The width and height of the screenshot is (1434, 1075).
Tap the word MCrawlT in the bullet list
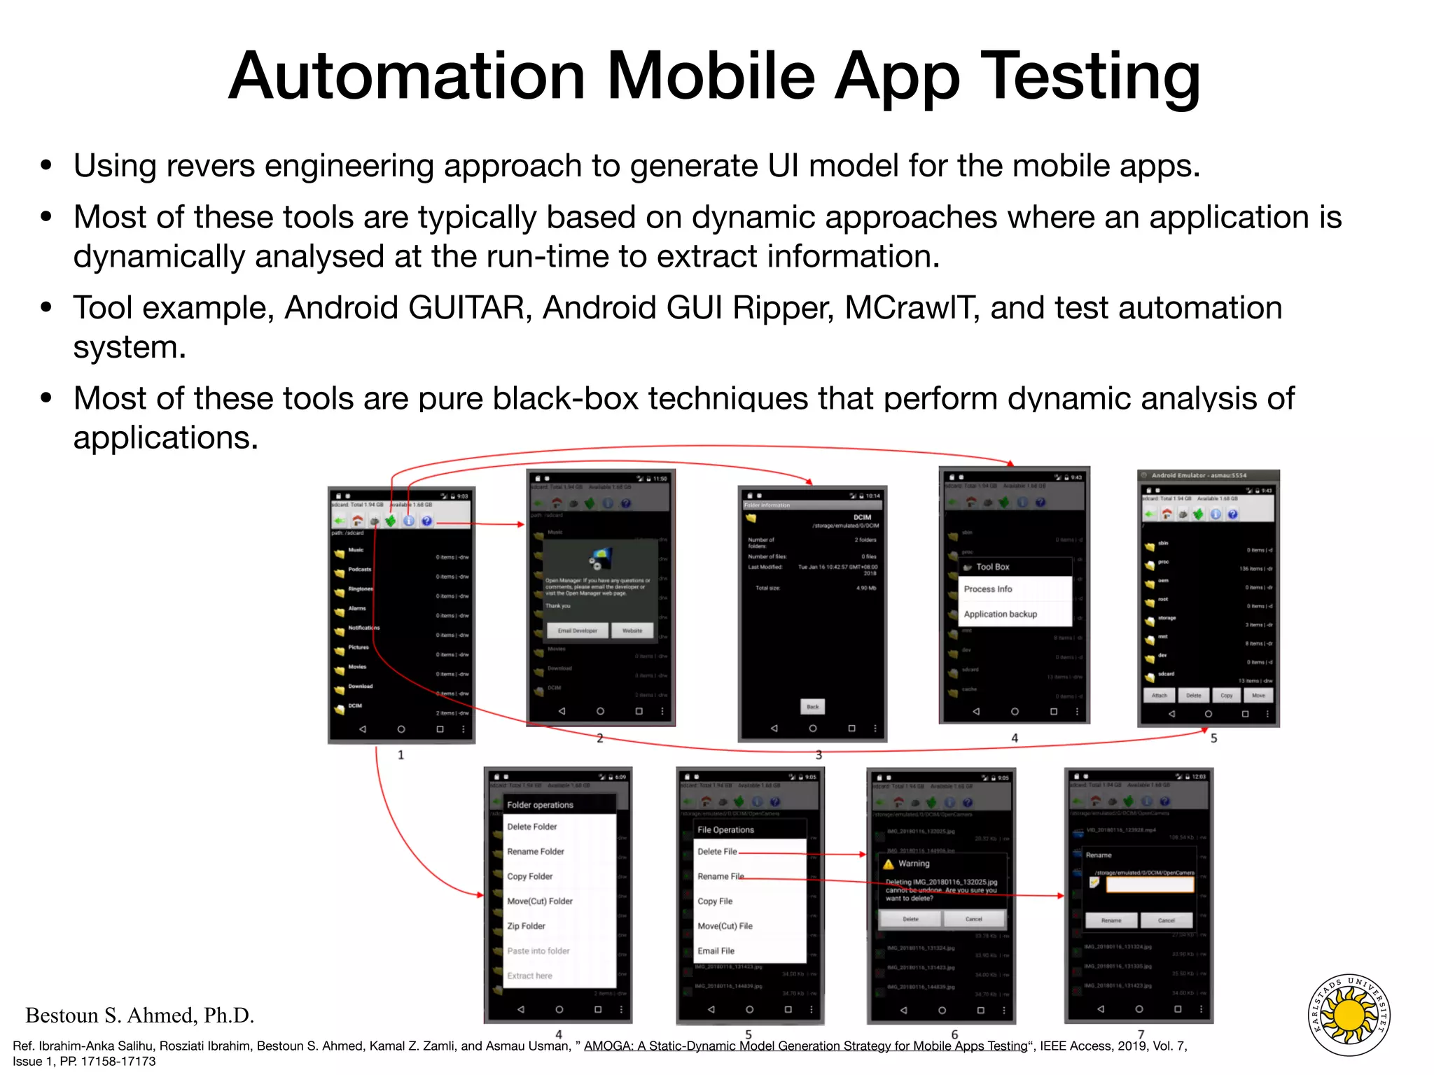click(910, 308)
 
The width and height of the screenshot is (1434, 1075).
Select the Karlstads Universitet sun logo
click(1349, 1016)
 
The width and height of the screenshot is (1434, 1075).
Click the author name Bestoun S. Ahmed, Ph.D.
click(139, 1015)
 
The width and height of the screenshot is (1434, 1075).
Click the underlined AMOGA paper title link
click(805, 1046)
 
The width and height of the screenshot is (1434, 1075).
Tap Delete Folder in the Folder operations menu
click(532, 827)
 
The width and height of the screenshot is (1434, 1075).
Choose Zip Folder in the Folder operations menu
click(526, 926)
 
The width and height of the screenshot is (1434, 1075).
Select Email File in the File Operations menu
click(716, 950)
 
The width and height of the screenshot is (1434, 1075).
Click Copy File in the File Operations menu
click(715, 901)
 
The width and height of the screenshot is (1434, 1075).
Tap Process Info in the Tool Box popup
click(987, 589)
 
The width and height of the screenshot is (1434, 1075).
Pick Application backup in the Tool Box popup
click(1000, 614)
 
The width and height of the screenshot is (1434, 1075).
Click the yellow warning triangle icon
click(889, 864)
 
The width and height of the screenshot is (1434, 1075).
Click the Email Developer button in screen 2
click(577, 631)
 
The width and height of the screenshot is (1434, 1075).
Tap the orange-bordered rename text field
click(1150, 885)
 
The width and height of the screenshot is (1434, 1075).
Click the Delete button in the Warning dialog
click(910, 919)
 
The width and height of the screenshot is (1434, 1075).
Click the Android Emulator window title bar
click(1208, 475)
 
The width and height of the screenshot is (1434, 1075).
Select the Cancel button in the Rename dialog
click(1166, 920)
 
